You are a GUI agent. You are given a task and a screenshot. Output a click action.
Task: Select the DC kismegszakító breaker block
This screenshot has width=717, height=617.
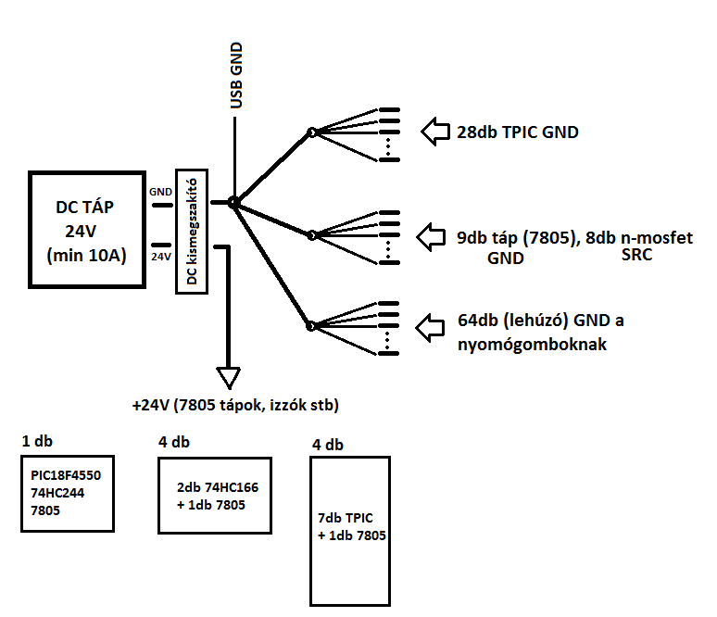(192, 232)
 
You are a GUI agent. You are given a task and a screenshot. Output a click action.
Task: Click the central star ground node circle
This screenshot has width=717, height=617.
(233, 202)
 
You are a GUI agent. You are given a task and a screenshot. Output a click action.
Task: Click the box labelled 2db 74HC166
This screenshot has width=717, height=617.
(215, 496)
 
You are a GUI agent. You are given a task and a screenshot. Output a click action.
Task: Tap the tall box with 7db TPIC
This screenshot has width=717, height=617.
(351, 529)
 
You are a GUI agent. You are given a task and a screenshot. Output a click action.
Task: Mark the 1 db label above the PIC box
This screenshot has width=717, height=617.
(37, 441)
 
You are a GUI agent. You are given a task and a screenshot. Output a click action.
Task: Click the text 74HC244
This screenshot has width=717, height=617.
(58, 493)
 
